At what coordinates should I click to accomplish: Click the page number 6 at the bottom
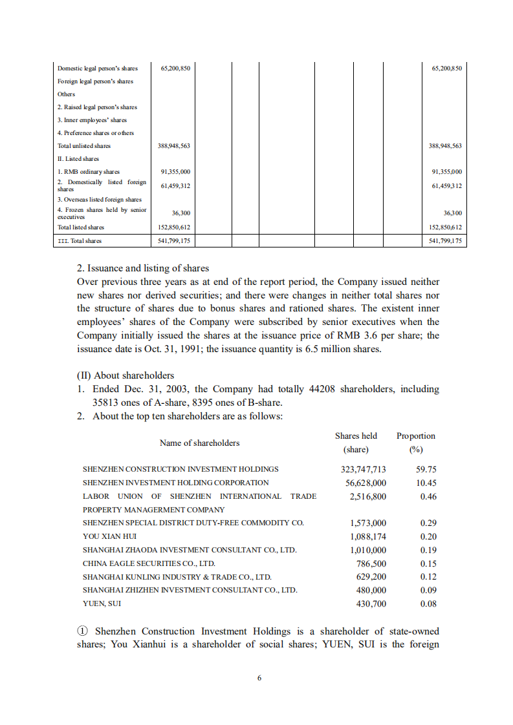point(259,678)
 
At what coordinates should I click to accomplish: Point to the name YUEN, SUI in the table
point(102,604)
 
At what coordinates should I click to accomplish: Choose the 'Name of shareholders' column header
point(199,443)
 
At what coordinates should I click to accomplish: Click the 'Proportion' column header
point(415,436)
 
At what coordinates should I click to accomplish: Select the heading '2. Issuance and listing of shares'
point(142,268)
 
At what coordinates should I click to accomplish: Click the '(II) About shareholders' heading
point(126,375)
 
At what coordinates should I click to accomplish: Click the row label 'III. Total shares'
point(80,241)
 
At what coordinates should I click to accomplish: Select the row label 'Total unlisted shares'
point(84,146)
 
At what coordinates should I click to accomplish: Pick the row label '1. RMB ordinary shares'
point(88,172)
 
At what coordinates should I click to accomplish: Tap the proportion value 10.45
point(426,483)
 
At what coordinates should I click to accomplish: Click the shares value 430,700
point(371,604)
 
